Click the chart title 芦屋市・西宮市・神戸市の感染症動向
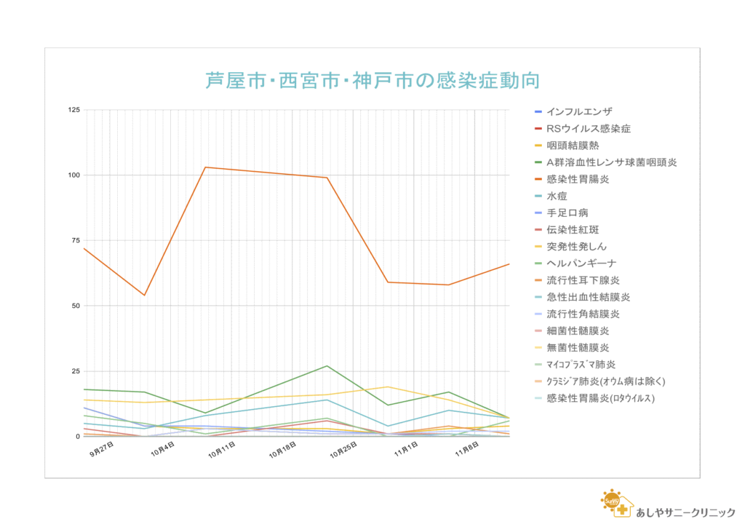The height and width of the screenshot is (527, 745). coord(372,80)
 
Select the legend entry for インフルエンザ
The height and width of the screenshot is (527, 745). coord(579,111)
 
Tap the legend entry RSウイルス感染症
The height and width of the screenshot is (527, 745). coord(588,128)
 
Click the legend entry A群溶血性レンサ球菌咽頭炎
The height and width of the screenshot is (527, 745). coord(611,162)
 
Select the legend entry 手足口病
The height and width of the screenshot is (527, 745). coord(567,213)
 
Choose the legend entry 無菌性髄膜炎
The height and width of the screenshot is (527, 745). coord(578,348)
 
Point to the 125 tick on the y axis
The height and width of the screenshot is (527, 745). coord(73,110)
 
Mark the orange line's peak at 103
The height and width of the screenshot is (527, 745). coord(205,167)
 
